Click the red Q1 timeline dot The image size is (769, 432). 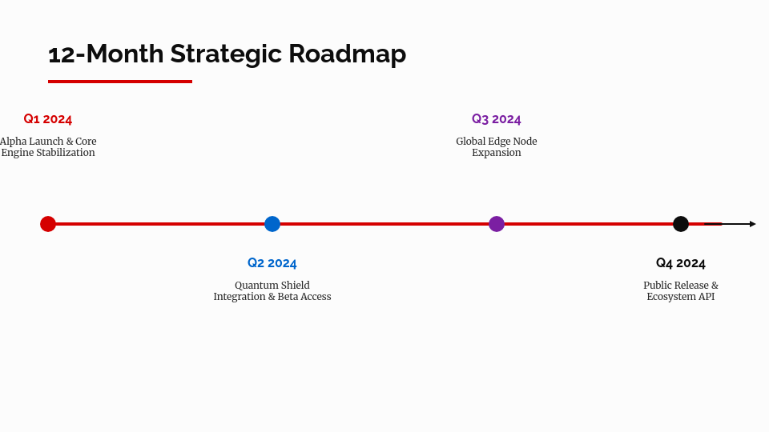48,224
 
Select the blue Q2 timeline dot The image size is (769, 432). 272,224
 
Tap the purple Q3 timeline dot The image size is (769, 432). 497,224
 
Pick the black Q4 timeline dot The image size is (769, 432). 681,224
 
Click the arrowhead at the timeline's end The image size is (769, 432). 752,224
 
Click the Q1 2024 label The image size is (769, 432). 48,119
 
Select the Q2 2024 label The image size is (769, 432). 272,263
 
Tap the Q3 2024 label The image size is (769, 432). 497,119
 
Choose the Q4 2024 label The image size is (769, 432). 681,263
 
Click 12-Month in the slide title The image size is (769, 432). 106,54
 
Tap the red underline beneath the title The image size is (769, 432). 120,81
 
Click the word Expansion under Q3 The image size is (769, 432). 497,153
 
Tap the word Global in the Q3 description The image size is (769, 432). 472,142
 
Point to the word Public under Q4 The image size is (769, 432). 658,286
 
